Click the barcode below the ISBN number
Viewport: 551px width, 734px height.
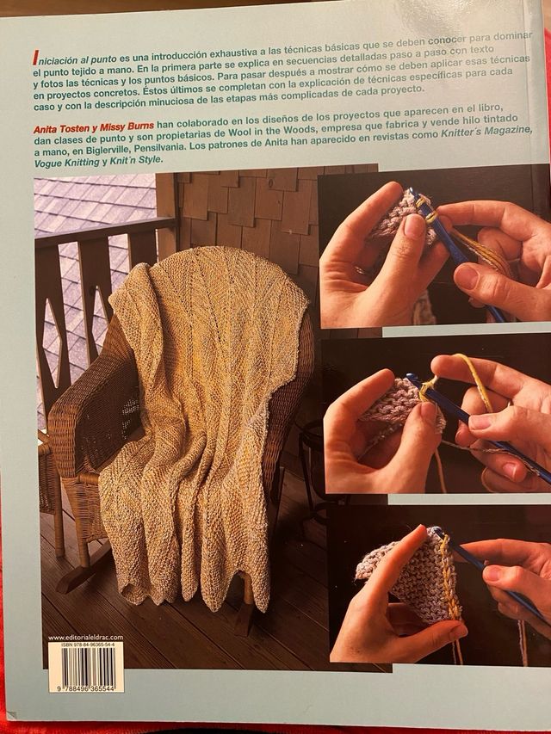click(x=86, y=669)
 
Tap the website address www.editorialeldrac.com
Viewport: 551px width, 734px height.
click(x=86, y=637)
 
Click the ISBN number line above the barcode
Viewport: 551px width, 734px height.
click(x=86, y=645)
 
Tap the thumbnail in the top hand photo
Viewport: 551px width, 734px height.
click(x=415, y=226)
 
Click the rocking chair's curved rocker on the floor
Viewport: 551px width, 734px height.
click(x=82, y=577)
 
